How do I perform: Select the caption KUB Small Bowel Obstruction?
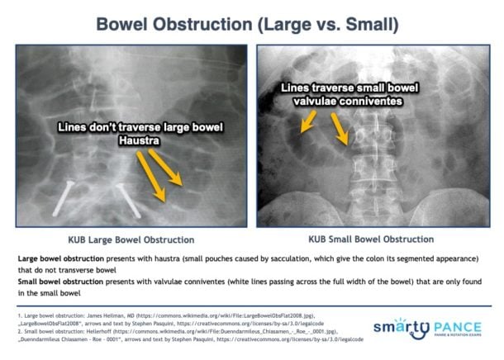[x=371, y=239]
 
